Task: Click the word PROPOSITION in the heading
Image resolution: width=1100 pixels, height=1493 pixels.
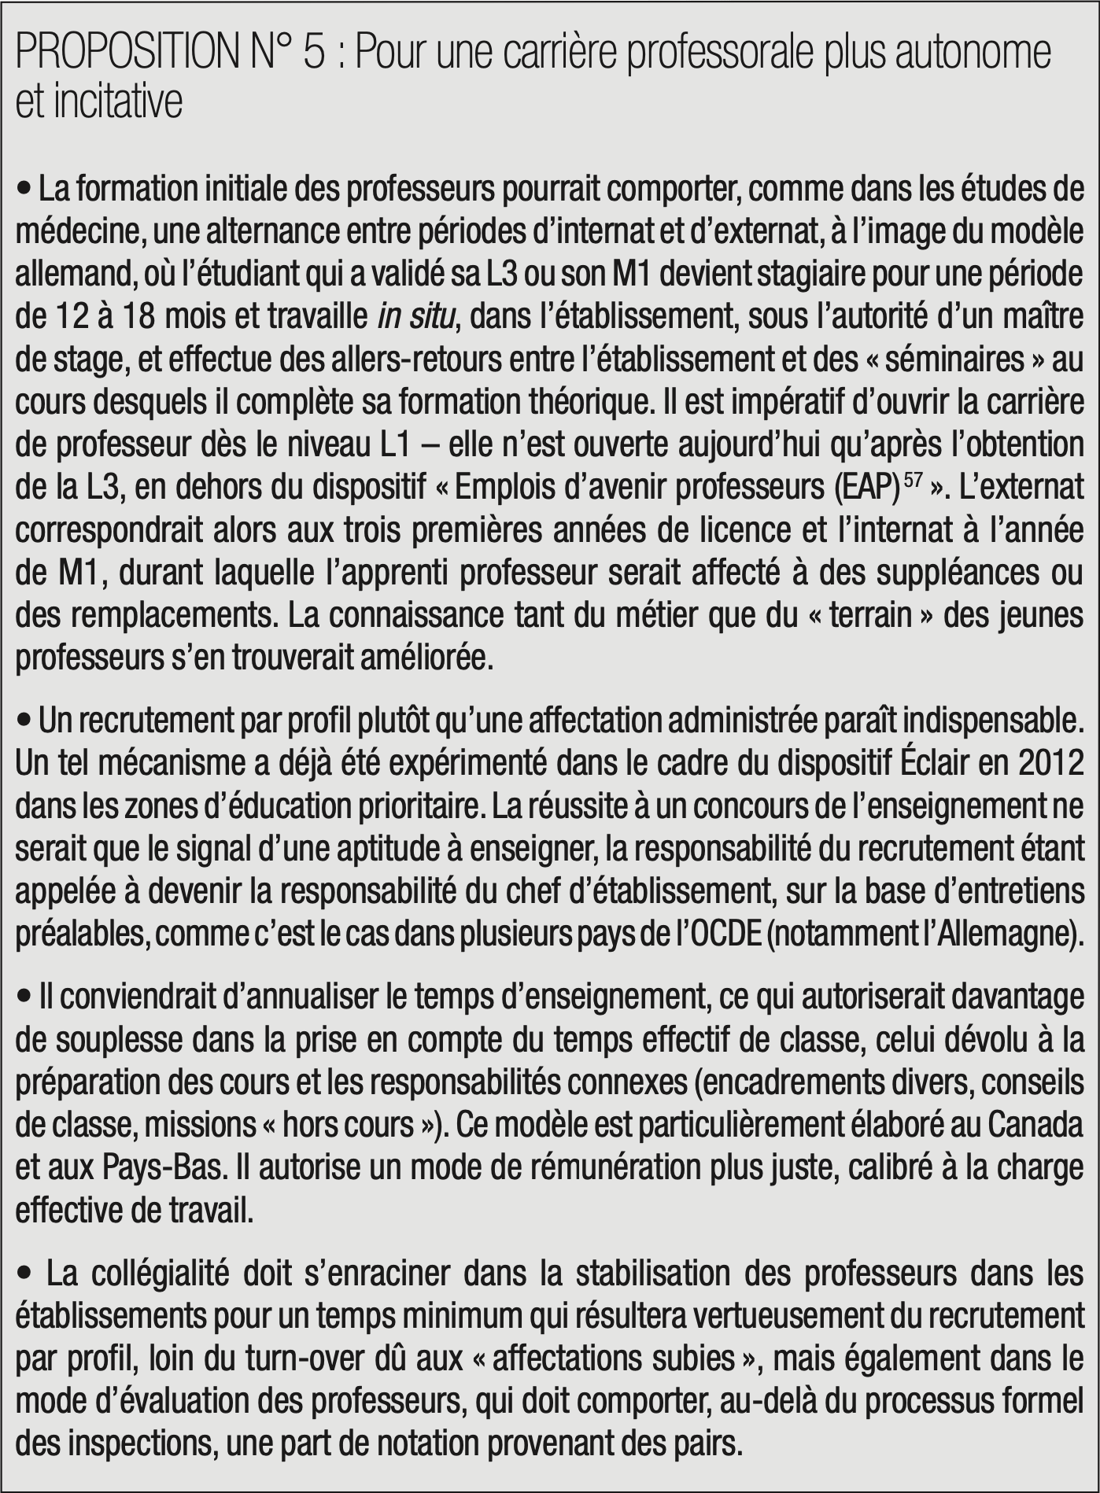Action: tap(127, 53)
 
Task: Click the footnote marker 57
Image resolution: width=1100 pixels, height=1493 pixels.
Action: tap(913, 480)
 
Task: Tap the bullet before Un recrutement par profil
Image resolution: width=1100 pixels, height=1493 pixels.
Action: tap(24, 721)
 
